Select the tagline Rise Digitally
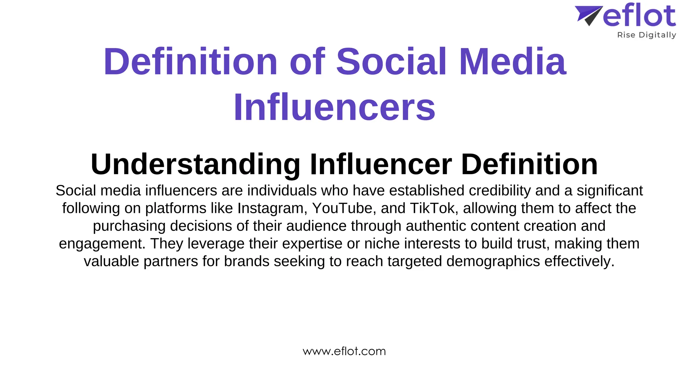point(646,35)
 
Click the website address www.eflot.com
point(344,351)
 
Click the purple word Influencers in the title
point(334,107)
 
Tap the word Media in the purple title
point(513,62)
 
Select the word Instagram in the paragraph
point(270,208)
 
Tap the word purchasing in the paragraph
point(129,226)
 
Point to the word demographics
point(493,261)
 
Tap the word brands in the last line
point(247,261)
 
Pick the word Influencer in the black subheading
point(381,164)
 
